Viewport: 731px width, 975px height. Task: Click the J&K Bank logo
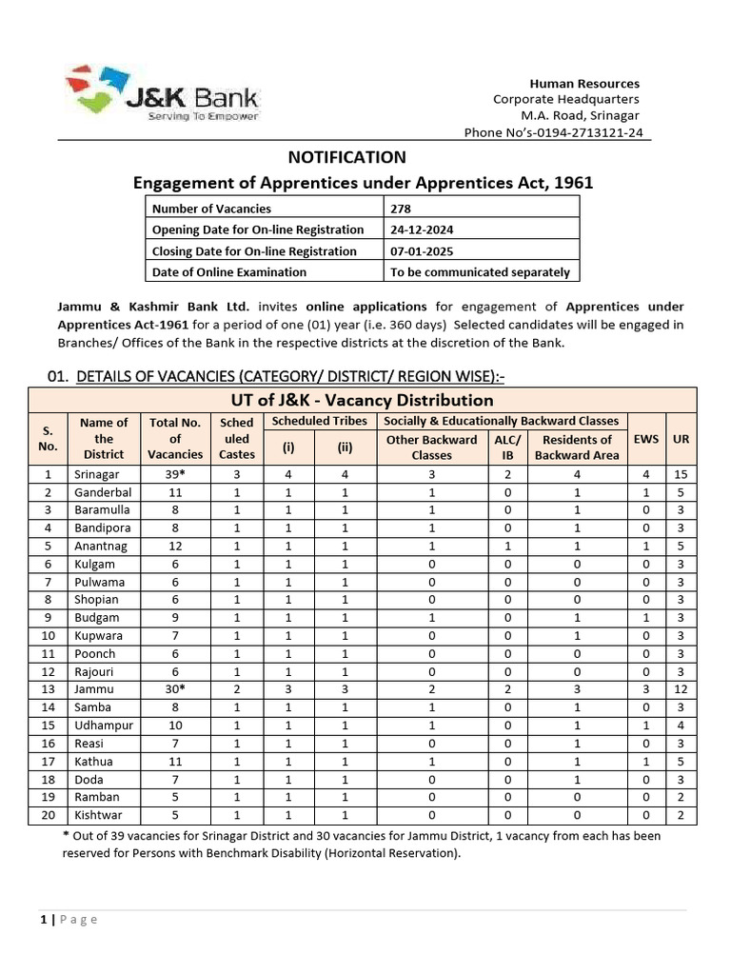[x=162, y=93]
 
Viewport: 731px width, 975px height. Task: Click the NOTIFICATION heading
[x=346, y=157]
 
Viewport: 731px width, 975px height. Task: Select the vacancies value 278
[x=402, y=209]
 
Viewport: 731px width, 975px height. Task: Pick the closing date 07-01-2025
[x=422, y=251]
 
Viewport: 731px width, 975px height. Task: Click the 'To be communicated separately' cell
[x=481, y=272]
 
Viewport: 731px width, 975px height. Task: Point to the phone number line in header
[x=552, y=132]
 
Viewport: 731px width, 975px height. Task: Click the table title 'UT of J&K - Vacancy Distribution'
[x=363, y=400]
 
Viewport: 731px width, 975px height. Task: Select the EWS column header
[x=646, y=439]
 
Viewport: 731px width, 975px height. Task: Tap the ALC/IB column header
[x=507, y=448]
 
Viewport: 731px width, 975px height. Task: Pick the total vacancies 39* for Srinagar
[x=175, y=474]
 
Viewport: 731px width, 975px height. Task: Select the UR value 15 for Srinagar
[x=681, y=474]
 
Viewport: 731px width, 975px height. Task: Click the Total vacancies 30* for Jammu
[x=175, y=689]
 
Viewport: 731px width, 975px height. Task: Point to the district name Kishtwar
[x=99, y=815]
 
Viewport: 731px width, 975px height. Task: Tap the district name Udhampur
[x=103, y=726]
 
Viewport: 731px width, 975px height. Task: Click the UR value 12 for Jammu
[x=681, y=689]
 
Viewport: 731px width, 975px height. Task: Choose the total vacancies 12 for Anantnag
[x=175, y=547]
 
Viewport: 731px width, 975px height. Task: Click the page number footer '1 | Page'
[x=69, y=919]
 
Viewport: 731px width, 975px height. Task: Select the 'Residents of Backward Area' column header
[x=577, y=448]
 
